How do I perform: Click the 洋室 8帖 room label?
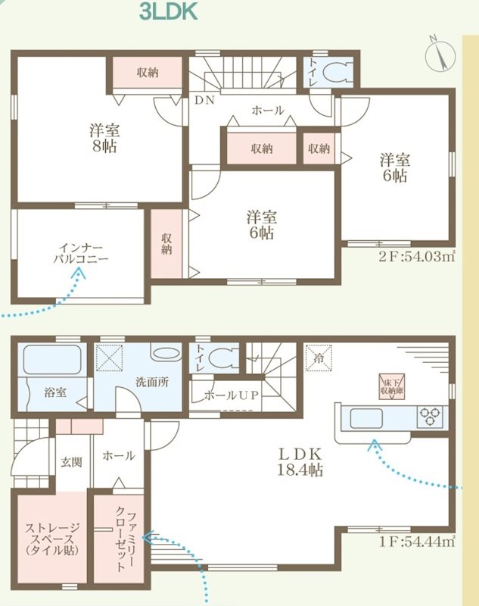point(104,137)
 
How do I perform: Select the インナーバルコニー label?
point(80,253)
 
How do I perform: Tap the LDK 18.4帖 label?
point(302,462)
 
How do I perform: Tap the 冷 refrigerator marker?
point(316,354)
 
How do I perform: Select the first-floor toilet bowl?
point(222,357)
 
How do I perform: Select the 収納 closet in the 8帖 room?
point(148,73)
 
